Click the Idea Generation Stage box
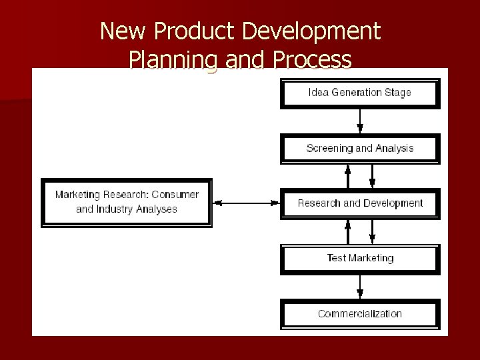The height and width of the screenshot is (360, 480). [360, 93]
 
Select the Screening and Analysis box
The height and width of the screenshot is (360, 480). [360, 148]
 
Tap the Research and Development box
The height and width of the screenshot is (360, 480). [360, 203]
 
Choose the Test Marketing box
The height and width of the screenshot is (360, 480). [360, 258]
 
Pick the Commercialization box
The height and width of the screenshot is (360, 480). [360, 313]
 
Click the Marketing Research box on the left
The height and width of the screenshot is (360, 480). [127, 202]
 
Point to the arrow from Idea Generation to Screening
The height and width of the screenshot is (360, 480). [360, 121]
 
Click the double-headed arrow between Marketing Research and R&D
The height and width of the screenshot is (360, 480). [247, 203]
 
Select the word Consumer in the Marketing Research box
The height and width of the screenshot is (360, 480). [175, 195]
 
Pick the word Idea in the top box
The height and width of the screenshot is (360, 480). [318, 93]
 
